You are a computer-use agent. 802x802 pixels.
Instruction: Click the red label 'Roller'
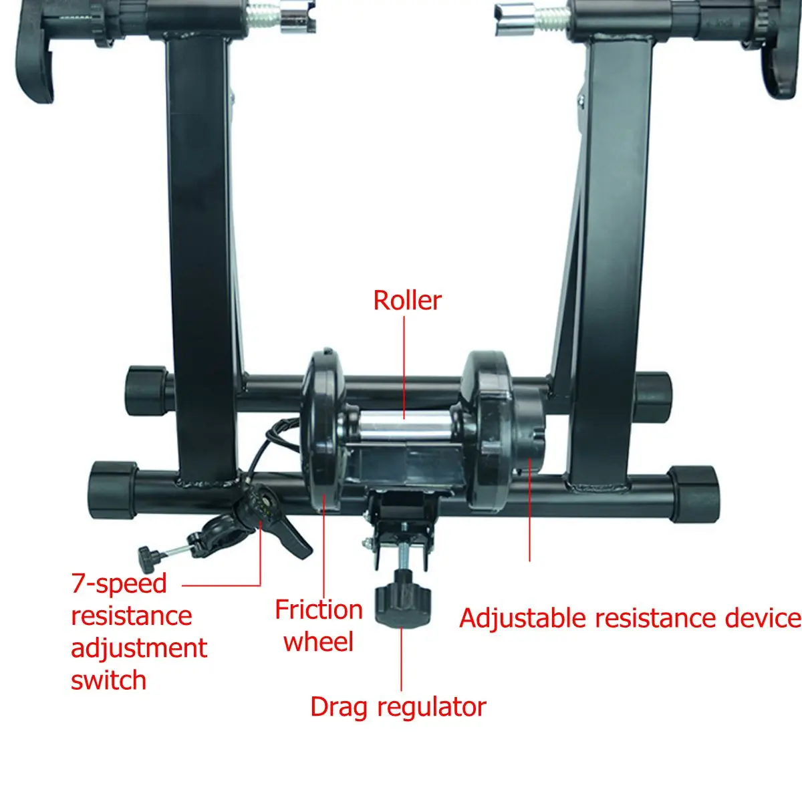pyautogui.click(x=407, y=301)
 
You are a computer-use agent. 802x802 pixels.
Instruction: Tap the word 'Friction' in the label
pyautogui.click(x=319, y=610)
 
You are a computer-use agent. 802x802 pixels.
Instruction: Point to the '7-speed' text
pyautogui.click(x=119, y=583)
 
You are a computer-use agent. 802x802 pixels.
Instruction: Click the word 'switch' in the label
pyautogui.click(x=108, y=680)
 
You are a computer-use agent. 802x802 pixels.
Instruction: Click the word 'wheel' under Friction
pyautogui.click(x=318, y=642)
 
